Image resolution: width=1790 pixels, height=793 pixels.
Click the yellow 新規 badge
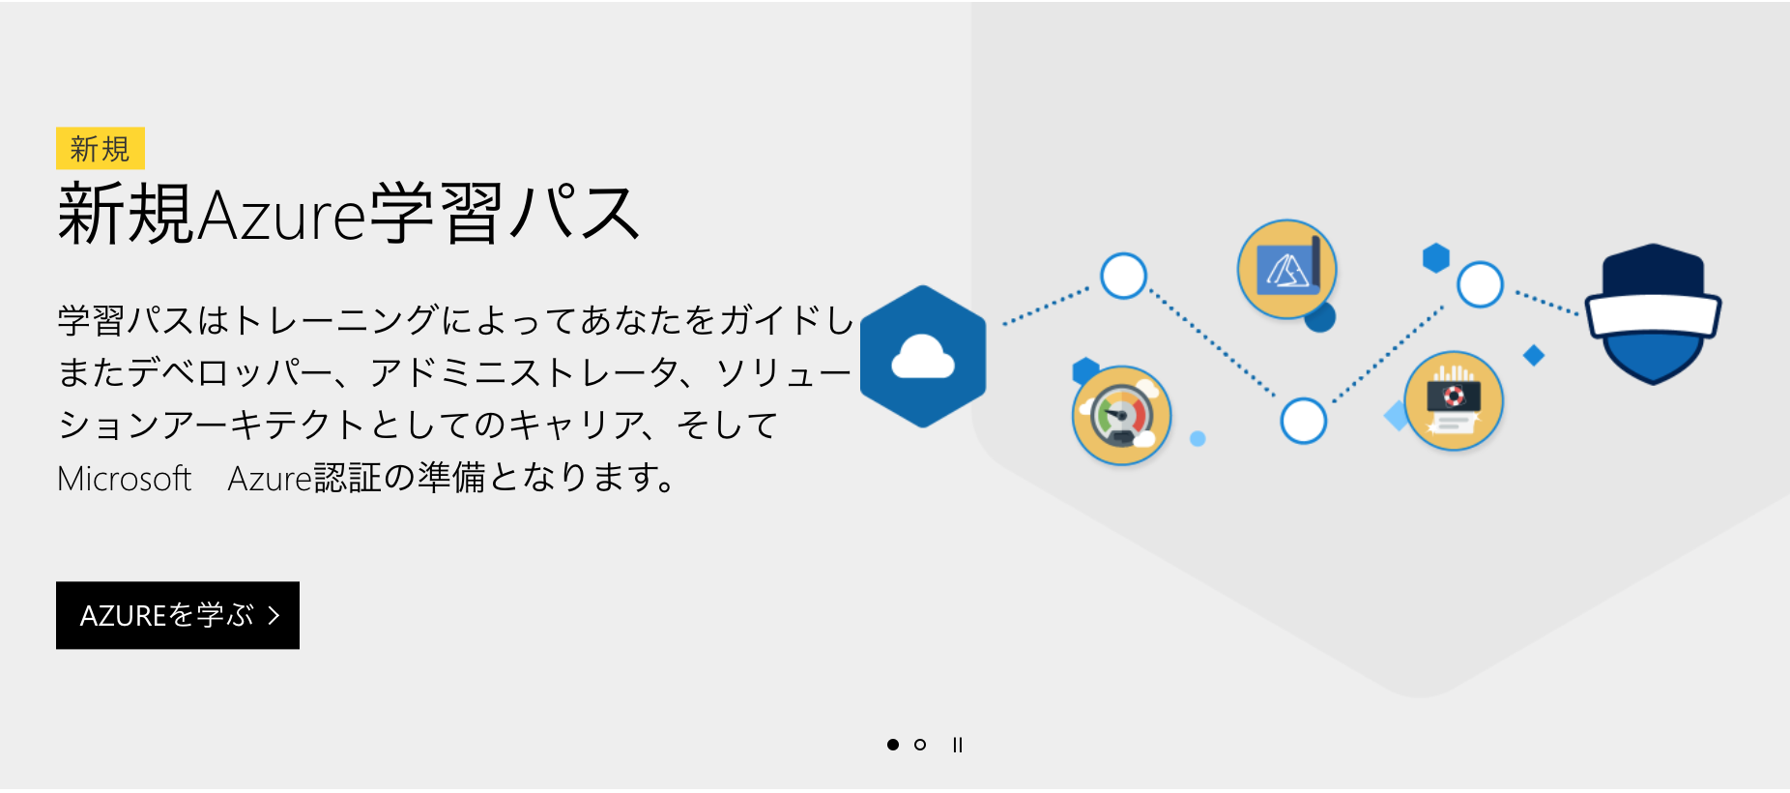click(x=101, y=148)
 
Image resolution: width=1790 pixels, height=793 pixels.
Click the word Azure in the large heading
click(x=281, y=215)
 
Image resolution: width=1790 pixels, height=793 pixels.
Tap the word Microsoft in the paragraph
click(x=125, y=479)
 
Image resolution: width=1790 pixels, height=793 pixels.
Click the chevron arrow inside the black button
click(x=274, y=615)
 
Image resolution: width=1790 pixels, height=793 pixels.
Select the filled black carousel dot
click(x=893, y=745)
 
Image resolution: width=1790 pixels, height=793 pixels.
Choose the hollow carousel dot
click(x=920, y=745)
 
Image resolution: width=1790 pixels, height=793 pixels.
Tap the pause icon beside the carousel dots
click(x=957, y=745)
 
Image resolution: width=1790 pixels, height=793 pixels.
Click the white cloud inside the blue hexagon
click(x=923, y=358)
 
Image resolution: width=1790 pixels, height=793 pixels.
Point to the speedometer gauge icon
click(x=1121, y=416)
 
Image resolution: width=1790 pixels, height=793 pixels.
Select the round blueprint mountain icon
click(x=1286, y=269)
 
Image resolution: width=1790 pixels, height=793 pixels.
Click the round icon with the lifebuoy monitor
click(x=1453, y=400)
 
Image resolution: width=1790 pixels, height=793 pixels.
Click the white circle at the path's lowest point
click(x=1303, y=421)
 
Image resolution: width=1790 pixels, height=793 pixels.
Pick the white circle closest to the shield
click(x=1480, y=284)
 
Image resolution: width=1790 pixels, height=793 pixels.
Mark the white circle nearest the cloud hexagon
click(x=1123, y=276)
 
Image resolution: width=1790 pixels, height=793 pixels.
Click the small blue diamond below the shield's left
click(x=1533, y=355)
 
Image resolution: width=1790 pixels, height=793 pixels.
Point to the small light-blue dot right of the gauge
click(x=1198, y=439)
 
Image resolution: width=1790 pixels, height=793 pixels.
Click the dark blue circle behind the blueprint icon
click(x=1320, y=316)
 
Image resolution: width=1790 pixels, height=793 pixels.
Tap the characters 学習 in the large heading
click(x=436, y=213)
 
